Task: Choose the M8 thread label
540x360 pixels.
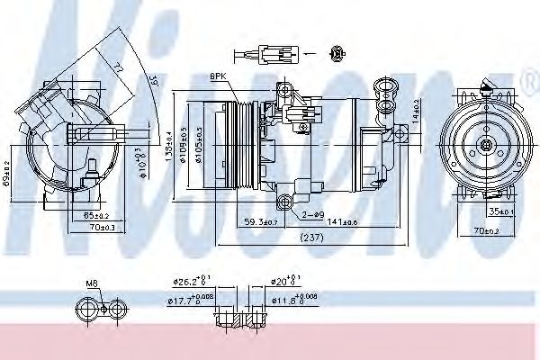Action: pyautogui.click(x=92, y=283)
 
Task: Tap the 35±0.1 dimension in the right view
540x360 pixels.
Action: pyautogui.click(x=500, y=213)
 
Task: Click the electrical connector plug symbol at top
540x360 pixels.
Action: pyautogui.click(x=273, y=52)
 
